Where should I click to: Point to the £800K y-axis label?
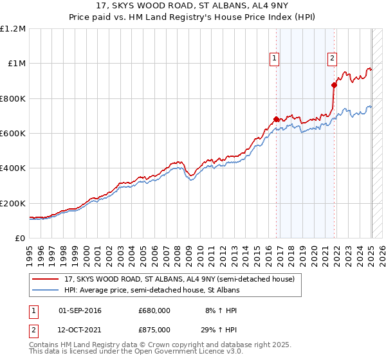[x=13, y=98]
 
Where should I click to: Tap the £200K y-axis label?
[x=13, y=203]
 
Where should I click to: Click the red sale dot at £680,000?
[x=276, y=119]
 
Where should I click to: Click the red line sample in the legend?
[x=46, y=280]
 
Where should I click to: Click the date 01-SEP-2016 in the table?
[x=80, y=310]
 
